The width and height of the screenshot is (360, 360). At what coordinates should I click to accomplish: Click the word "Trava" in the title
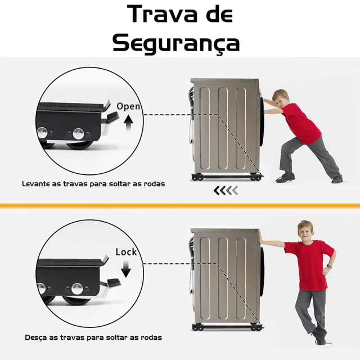coord(163,14)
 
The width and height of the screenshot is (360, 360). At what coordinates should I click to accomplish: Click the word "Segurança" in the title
coord(176,43)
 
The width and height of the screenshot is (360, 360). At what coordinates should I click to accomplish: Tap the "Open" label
coord(128,106)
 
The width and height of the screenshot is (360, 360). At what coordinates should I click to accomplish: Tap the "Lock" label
coord(126,252)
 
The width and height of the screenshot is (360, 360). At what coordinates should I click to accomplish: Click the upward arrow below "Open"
coord(128,123)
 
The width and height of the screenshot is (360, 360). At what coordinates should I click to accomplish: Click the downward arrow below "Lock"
coord(126,269)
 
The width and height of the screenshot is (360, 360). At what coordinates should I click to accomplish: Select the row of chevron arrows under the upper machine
coord(226,191)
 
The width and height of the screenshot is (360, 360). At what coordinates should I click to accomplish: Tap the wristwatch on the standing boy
coord(330,266)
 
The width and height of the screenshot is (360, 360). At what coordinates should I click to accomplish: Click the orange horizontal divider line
coord(180,205)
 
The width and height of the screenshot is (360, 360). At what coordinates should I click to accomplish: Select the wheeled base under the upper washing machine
coord(227,177)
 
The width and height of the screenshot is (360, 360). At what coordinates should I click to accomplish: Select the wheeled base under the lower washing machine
coord(227,327)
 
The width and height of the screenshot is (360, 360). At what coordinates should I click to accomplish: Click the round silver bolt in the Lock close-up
coord(78,289)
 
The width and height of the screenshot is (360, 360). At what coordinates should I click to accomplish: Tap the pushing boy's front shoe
coord(286,177)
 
